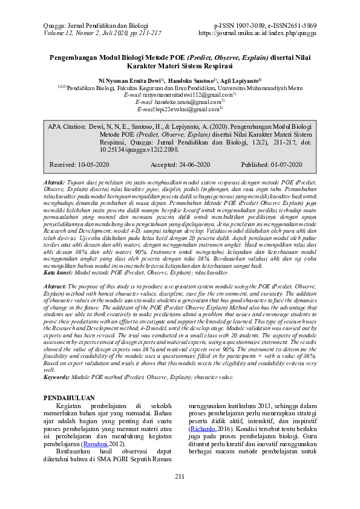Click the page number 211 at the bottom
pos(180,478)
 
